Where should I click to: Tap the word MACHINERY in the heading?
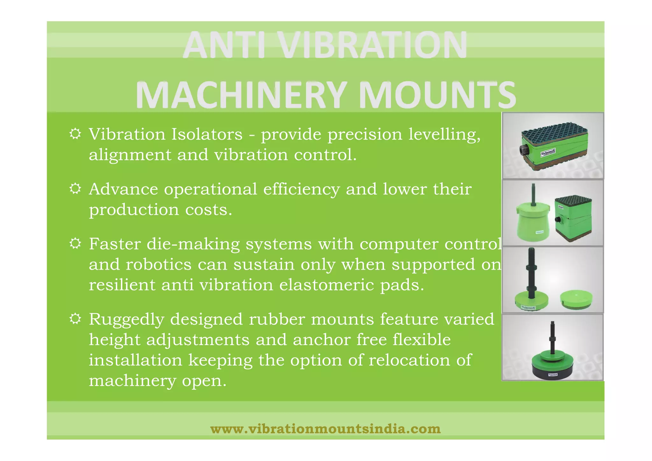click(x=240, y=95)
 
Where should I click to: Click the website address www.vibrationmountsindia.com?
click(x=325, y=429)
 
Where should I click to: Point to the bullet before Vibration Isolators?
click(x=75, y=134)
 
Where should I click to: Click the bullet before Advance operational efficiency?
click(x=75, y=189)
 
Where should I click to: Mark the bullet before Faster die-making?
click(x=75, y=244)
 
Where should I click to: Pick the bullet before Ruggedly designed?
click(x=75, y=319)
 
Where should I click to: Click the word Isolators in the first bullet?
click(x=207, y=134)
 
